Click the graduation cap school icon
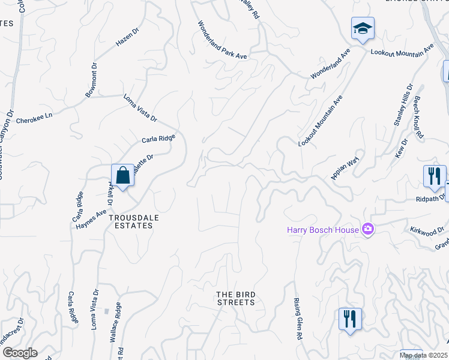[362, 29]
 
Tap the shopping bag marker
[122, 176]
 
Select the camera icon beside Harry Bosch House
[368, 229]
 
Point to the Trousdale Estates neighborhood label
[131, 222]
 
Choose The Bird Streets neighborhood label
[236, 298]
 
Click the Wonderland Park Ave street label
[223, 40]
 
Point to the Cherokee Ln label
[35, 116]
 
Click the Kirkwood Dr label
[427, 230]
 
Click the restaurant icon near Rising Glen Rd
[349, 318]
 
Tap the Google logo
[19, 352]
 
